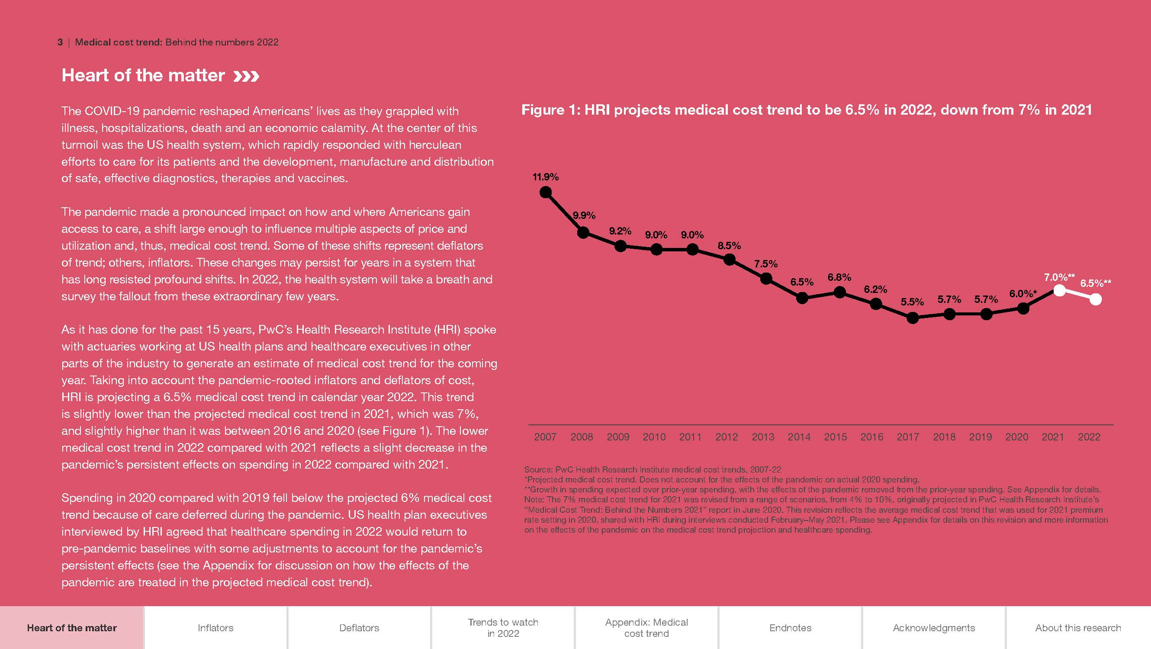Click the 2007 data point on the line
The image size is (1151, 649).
point(546,193)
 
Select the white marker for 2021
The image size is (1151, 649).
point(1059,290)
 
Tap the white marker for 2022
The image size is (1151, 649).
point(1096,299)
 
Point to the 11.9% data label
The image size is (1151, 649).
point(546,177)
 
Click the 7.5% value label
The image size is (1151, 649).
point(766,264)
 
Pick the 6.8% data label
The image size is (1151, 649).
point(839,277)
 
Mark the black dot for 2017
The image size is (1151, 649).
point(913,318)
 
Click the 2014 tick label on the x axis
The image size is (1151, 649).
point(799,437)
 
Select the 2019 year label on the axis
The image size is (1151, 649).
point(981,437)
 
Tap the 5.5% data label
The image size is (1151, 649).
point(912,302)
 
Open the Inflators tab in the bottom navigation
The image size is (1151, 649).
point(215,627)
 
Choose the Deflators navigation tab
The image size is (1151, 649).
point(359,627)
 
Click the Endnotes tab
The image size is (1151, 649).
point(790,627)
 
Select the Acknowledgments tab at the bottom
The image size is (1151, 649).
point(934,627)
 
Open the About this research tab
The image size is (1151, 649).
point(1078,627)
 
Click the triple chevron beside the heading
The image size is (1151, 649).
point(246,77)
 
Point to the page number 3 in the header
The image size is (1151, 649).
point(60,42)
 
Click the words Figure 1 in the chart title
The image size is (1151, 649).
point(549,110)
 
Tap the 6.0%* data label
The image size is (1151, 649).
point(1023,294)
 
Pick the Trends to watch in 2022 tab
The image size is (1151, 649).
point(503,627)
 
